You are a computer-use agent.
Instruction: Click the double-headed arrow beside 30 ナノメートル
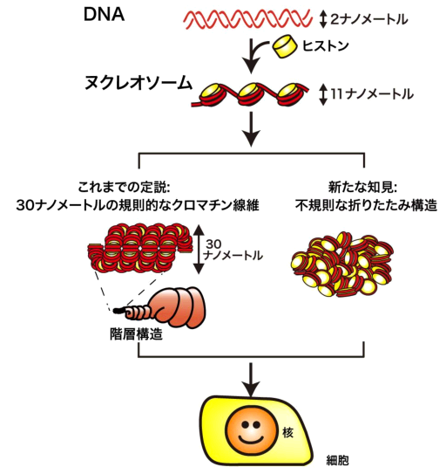click(x=199, y=249)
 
